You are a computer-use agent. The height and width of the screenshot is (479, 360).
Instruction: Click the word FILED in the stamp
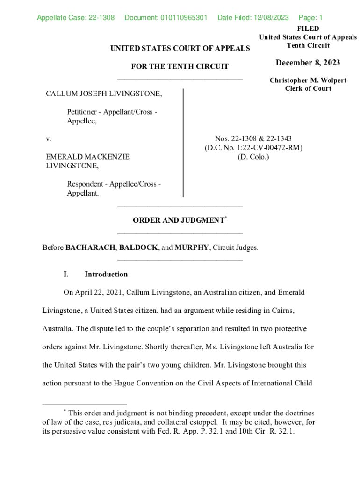[308, 29]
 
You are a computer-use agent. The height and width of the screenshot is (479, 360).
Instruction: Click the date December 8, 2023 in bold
[308, 63]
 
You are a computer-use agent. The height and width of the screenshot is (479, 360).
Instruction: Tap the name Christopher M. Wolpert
[308, 80]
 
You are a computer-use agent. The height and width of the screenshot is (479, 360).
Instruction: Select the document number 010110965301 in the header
[166, 18]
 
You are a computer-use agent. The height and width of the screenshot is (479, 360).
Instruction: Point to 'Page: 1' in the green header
[310, 18]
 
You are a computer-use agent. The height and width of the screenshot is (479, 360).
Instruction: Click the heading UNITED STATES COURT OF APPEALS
[180, 48]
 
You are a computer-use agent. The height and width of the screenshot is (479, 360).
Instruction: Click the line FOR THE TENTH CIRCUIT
[180, 66]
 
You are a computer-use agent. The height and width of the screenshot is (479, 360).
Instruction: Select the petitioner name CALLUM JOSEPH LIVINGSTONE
[104, 94]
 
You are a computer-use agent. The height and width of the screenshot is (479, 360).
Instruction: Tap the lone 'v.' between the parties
[48, 139]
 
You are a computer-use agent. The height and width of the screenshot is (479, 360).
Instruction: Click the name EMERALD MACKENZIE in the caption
[87, 157]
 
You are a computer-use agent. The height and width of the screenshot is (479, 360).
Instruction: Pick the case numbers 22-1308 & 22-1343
[253, 138]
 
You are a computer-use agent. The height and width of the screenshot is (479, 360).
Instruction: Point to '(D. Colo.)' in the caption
[253, 157]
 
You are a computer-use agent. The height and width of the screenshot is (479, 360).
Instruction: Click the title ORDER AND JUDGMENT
[178, 220]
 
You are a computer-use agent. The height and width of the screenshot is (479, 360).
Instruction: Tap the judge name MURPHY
[192, 247]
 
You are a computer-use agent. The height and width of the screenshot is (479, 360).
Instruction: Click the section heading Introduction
[106, 274]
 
